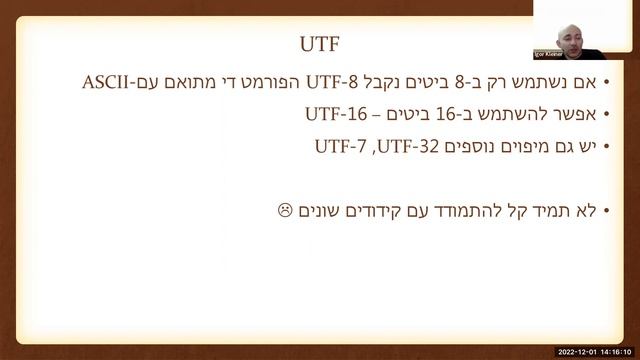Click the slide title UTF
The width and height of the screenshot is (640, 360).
click(320, 44)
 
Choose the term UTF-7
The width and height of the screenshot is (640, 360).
click(340, 146)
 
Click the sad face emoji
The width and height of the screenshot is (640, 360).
click(284, 210)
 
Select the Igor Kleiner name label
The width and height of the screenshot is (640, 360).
click(554, 53)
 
